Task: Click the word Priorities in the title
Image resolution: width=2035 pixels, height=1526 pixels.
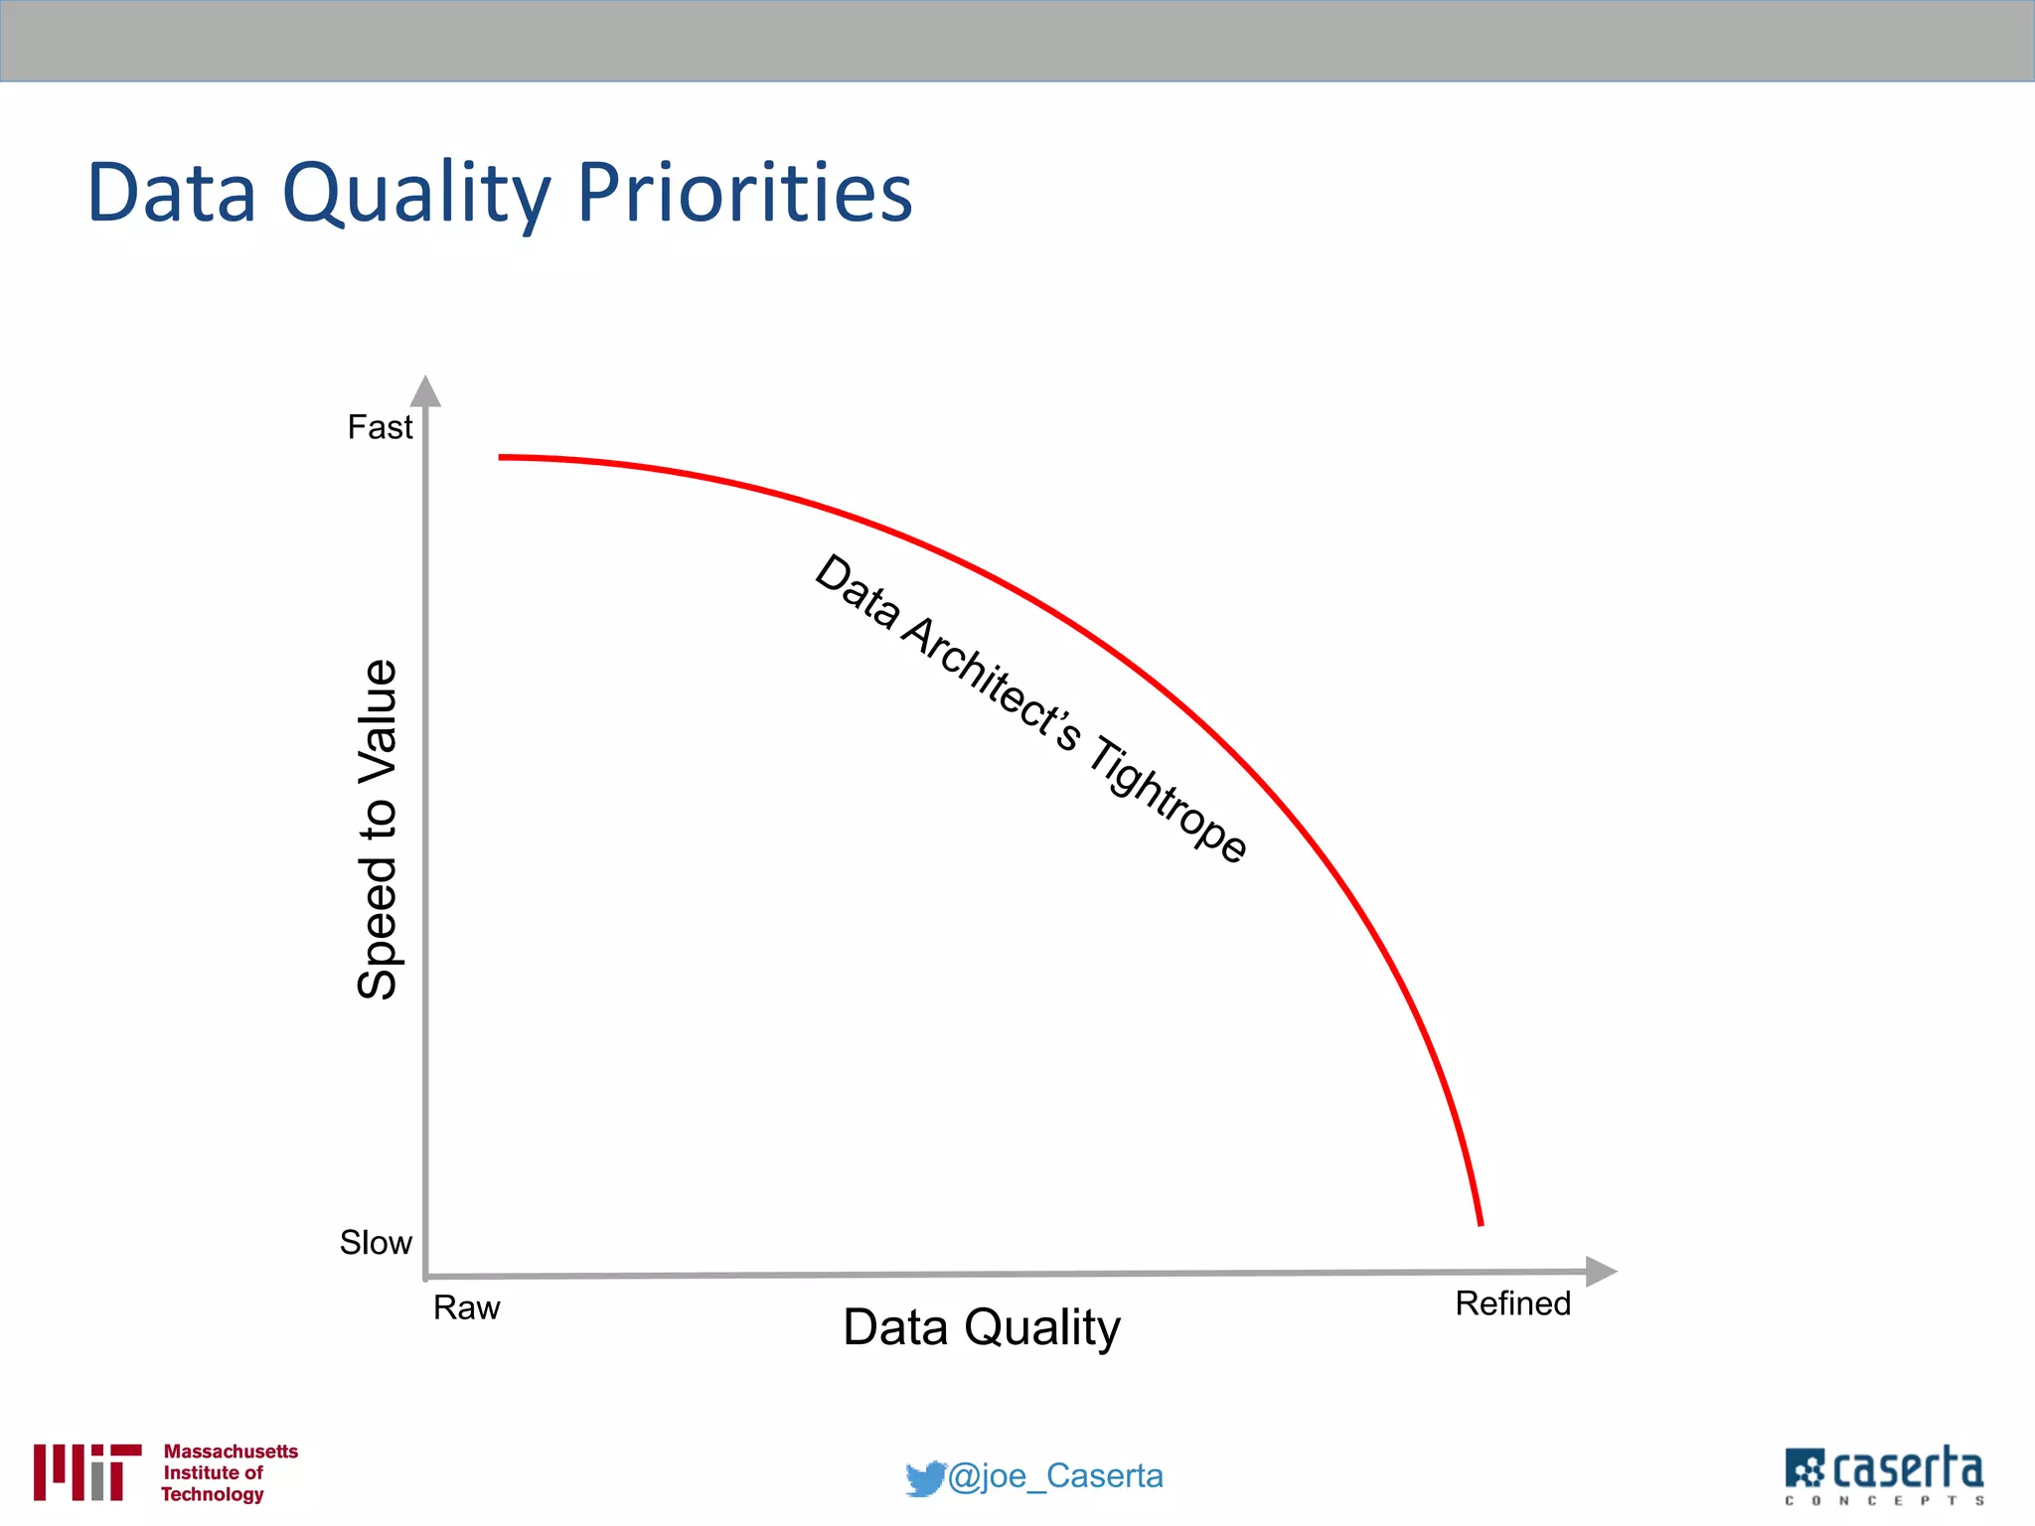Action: point(743,193)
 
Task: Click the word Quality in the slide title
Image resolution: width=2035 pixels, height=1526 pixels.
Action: point(415,193)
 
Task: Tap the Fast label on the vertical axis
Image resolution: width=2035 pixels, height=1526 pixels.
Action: point(380,427)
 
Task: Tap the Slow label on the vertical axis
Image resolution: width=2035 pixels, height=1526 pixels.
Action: point(376,1242)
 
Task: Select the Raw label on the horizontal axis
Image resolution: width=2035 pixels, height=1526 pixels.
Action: point(466,1307)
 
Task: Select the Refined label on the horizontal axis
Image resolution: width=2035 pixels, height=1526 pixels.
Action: point(1512,1303)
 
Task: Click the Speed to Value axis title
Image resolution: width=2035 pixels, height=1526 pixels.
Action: point(378,829)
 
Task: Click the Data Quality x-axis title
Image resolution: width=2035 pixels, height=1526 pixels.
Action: point(981,1327)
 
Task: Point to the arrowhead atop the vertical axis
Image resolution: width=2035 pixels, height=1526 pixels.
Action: point(425,391)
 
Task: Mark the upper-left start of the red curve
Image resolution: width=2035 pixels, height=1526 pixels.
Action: point(501,457)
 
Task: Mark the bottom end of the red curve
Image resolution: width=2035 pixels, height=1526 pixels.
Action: point(1481,1223)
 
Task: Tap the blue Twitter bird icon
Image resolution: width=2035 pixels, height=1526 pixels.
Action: point(924,1477)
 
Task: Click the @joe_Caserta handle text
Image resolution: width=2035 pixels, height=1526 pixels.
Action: point(1055,1476)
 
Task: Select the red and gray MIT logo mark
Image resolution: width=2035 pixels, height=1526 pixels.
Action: point(86,1471)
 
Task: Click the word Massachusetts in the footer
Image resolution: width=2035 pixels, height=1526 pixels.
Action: point(231,1451)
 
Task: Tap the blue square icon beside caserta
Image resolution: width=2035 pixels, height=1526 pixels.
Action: point(1804,1468)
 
